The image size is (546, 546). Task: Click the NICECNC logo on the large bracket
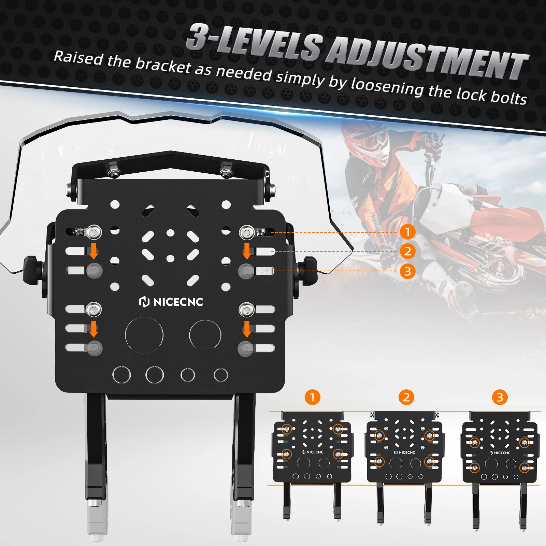click(171, 302)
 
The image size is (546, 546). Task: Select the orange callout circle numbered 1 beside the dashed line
click(407, 232)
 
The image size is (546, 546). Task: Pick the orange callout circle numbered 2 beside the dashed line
click(407, 252)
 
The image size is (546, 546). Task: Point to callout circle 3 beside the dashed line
click(407, 271)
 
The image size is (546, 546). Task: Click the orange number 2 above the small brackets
click(406, 397)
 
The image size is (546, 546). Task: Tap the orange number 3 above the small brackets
click(500, 397)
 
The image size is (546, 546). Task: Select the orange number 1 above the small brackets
click(312, 397)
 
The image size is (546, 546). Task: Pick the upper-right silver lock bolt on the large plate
click(247, 233)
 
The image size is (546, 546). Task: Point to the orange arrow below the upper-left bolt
click(94, 251)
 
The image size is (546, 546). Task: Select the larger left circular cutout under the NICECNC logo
click(144, 335)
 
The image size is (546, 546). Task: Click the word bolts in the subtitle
click(508, 97)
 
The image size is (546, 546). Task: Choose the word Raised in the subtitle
click(78, 58)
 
